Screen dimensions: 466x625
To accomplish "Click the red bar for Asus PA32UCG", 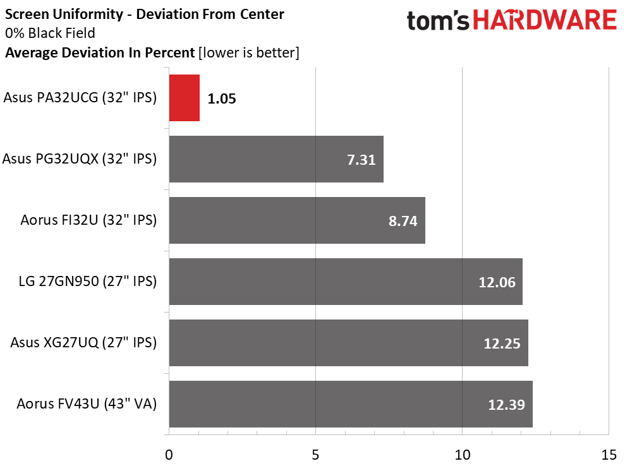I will coord(185,98).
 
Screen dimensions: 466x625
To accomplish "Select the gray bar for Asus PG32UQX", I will coord(276,159).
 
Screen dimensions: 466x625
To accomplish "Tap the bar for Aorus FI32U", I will coord(297,220).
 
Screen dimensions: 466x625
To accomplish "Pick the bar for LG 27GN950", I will coord(346,282).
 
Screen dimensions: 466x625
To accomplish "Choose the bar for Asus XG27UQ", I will coord(348,343).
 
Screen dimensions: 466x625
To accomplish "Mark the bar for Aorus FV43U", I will coord(351,404).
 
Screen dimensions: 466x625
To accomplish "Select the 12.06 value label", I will coord(497,282).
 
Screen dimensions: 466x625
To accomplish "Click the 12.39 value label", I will coord(507,405).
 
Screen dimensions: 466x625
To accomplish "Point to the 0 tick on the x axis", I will coord(169,455).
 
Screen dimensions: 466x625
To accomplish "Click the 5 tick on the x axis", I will coord(316,455).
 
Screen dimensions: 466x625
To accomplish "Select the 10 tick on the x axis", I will coord(463,455).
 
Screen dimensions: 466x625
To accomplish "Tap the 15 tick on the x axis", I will coord(609,455).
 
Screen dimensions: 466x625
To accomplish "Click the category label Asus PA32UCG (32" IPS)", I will coord(80,98).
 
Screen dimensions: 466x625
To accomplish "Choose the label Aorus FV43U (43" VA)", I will coord(87,404).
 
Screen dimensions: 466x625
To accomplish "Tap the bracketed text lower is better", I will coord(249,53).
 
